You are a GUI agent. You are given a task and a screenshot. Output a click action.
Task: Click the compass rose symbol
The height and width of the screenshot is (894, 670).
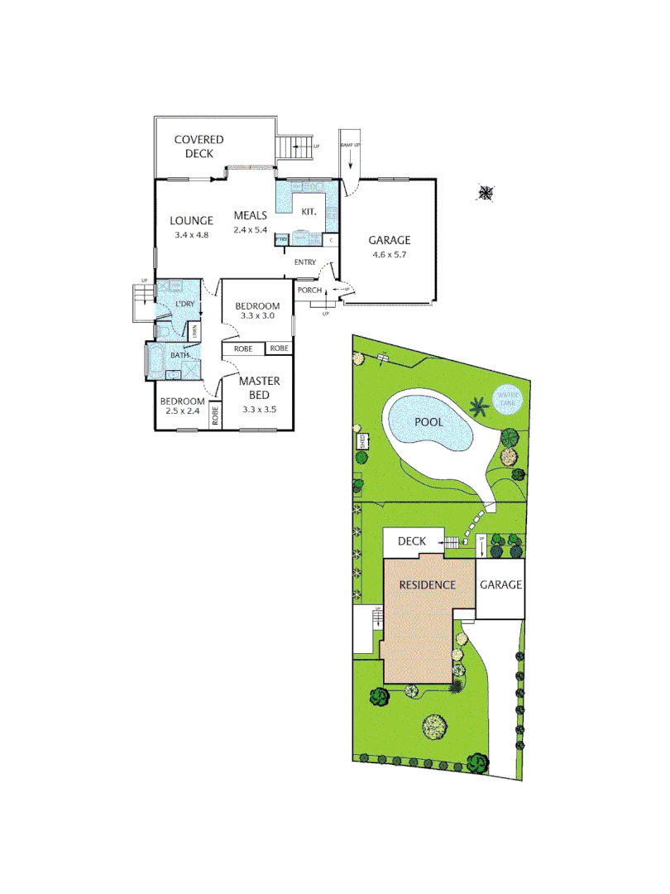click(x=486, y=194)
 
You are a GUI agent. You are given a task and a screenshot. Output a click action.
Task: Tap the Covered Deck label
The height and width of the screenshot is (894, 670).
click(x=199, y=147)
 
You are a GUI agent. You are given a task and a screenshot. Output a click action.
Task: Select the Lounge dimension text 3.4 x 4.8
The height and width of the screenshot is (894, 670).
click(x=191, y=235)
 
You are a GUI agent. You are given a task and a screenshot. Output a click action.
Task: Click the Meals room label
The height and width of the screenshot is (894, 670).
click(x=250, y=215)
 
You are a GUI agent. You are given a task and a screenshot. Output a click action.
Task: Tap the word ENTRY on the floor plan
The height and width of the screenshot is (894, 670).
click(x=304, y=262)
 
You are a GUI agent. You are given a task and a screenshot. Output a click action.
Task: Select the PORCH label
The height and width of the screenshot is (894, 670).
click(x=309, y=290)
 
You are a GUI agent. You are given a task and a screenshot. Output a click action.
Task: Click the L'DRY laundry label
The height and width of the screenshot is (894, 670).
click(x=184, y=304)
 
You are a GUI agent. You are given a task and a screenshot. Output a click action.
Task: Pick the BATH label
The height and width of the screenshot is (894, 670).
click(x=179, y=355)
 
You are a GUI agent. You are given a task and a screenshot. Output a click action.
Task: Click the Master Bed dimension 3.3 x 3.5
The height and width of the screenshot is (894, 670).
click(x=259, y=409)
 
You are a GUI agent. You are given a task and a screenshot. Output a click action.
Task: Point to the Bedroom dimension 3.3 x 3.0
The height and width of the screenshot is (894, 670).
click(x=257, y=315)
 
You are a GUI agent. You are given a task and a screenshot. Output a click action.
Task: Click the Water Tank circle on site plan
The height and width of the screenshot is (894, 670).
click(x=505, y=401)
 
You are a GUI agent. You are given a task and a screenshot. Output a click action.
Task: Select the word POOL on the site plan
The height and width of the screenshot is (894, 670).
click(x=428, y=422)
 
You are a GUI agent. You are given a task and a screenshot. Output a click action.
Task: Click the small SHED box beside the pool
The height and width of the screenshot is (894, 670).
click(x=362, y=441)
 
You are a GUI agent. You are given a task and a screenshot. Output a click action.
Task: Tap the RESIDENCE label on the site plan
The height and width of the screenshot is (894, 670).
click(x=428, y=584)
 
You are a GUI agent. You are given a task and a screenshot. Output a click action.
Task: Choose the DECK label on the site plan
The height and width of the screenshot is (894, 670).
click(x=412, y=541)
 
